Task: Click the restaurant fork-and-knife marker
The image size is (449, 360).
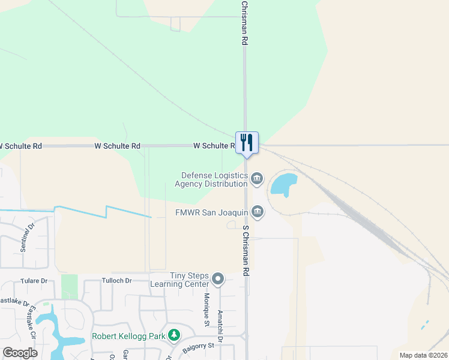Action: coord(247,143)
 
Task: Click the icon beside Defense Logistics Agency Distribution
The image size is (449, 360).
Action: coord(257,178)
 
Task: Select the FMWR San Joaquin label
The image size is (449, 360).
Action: coord(211,212)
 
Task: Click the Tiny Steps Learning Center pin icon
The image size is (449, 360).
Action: coord(218,279)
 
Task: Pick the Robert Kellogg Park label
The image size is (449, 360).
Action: coord(128,336)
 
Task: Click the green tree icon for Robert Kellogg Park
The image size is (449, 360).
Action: coord(174,334)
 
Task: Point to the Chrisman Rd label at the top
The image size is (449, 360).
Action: coord(245,23)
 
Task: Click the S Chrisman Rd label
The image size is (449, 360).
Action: coord(246,250)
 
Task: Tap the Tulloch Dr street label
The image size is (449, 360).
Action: coord(117,281)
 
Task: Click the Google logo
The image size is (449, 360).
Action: coord(20,353)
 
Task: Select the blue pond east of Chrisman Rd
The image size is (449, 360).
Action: coord(284,184)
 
